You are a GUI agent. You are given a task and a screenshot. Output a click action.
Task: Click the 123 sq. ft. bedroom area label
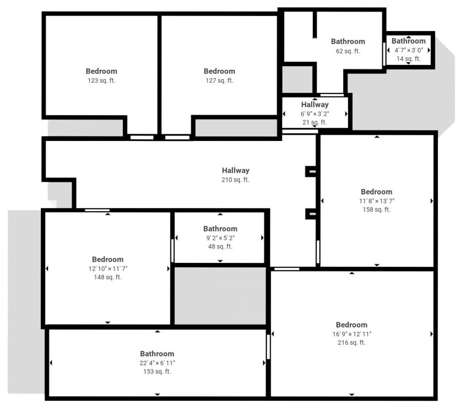click(x=101, y=80)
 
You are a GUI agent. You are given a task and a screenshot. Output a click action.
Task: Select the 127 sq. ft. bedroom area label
click(x=219, y=80)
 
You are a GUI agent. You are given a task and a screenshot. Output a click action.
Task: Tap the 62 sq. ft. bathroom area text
click(x=348, y=51)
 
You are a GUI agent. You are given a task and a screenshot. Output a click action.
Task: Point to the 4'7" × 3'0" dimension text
click(x=408, y=50)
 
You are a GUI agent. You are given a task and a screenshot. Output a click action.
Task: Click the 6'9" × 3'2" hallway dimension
click(x=315, y=114)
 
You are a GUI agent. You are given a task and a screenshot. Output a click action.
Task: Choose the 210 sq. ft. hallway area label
click(x=235, y=180)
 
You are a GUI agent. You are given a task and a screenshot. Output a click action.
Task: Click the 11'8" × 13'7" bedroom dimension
click(x=377, y=201)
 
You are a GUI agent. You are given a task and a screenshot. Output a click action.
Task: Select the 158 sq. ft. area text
click(x=377, y=210)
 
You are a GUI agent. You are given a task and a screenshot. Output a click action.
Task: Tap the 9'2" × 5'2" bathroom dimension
click(x=220, y=238)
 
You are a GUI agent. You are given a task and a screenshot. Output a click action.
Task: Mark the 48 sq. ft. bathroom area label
click(x=220, y=246)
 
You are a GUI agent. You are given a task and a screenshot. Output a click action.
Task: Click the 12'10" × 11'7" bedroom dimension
click(x=107, y=268)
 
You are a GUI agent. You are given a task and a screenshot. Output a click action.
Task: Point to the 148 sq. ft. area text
click(x=107, y=277)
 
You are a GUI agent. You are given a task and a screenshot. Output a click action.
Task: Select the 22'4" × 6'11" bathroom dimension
click(x=157, y=363)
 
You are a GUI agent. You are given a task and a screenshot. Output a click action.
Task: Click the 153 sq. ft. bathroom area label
click(x=157, y=372)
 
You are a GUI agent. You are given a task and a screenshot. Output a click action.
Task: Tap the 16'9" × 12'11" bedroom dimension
click(x=352, y=334)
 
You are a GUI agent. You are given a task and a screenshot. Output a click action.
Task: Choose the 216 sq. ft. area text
click(x=352, y=342)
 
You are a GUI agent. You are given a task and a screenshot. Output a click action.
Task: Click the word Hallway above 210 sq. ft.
click(x=236, y=170)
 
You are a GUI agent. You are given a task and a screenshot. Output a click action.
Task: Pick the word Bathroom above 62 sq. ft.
click(x=348, y=41)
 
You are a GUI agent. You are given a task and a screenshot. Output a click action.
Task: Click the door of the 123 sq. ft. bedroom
click(x=142, y=137)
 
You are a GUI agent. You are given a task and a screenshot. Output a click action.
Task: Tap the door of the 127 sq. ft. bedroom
click(x=177, y=137)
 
